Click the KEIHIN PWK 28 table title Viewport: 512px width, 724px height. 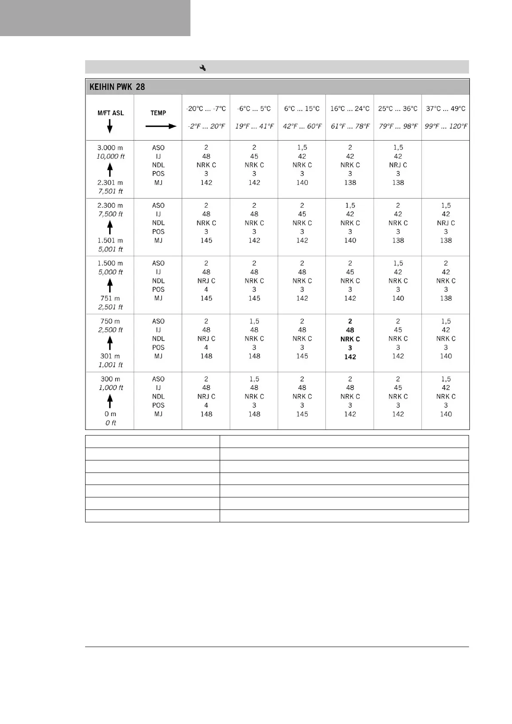click(117, 87)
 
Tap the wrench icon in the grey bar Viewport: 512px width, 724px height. click(202, 67)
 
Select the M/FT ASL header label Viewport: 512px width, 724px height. click(110, 113)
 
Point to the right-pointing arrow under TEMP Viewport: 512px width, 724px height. click(161, 126)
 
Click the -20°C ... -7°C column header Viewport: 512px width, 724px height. click(206, 109)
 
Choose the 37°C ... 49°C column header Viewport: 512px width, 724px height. click(445, 109)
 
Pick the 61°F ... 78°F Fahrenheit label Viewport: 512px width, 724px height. click(350, 126)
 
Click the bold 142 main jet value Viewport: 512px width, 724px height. click(350, 357)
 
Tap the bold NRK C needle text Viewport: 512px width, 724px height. click(350, 339)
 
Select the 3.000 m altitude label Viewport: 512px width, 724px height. click(110, 148)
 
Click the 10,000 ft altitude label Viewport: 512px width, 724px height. click(110, 156)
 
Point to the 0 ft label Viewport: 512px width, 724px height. click(110, 423)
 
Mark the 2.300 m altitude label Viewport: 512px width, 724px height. click(110, 206)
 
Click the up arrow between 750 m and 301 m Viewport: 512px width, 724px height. click(110, 343)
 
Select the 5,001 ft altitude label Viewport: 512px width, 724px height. click(110, 249)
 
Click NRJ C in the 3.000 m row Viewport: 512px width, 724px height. click(398, 165)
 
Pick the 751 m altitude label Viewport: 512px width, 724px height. click(110, 298)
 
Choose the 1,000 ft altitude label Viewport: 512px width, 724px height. click(110, 388)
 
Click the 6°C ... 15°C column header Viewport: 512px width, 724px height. click(302, 109)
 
